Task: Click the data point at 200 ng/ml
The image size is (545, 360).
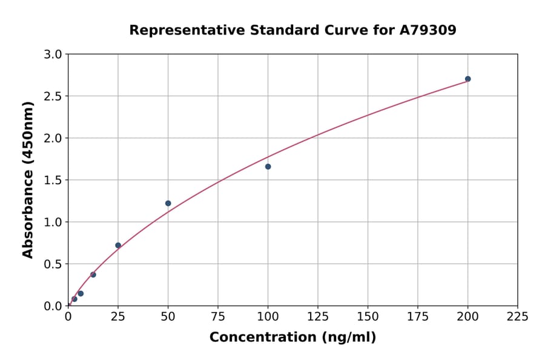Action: coord(467,79)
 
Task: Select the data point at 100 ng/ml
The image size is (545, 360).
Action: coord(268,167)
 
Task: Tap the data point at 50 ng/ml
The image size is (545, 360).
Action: coord(168,203)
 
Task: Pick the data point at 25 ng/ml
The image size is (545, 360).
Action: coord(118,245)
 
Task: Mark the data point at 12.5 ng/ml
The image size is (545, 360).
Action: coord(93,275)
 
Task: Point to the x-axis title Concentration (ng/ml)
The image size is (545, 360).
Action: coord(292,338)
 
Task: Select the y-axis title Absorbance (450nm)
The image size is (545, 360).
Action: coord(28,179)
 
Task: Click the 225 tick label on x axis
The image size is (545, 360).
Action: coord(517,317)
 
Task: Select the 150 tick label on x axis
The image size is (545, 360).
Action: coord(368,317)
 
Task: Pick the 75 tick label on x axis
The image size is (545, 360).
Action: coord(218,317)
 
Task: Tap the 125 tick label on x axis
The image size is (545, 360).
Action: coord(318,317)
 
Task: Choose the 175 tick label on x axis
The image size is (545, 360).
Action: coord(417,317)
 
